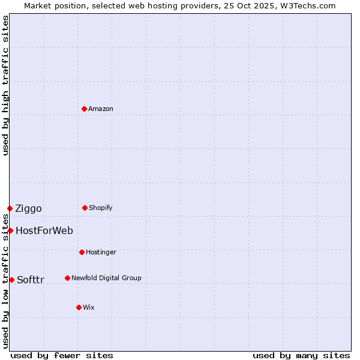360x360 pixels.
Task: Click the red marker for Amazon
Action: [84, 109]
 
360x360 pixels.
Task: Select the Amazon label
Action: [100, 109]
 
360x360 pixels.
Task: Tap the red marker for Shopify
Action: [85, 208]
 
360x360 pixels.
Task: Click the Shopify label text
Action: [100, 208]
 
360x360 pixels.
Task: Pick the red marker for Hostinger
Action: [82, 252]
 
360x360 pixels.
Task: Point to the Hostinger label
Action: [101, 252]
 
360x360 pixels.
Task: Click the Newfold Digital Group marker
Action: [67, 278]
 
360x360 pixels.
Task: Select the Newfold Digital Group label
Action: [106, 278]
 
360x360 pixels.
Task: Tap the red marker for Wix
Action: [79, 307]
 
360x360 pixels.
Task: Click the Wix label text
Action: [88, 307]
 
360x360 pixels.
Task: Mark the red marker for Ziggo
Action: [10, 208]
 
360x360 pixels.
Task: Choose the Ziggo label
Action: [28, 209]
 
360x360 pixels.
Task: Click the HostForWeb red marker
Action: [10, 230]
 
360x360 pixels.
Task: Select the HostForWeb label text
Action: [44, 230]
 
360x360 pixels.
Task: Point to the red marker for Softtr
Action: [11, 280]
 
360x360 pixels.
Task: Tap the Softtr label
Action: [30, 280]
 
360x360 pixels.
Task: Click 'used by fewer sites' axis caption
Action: [62, 355]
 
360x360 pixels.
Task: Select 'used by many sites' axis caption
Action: [301, 355]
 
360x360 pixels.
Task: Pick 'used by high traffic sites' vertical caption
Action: [5, 85]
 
